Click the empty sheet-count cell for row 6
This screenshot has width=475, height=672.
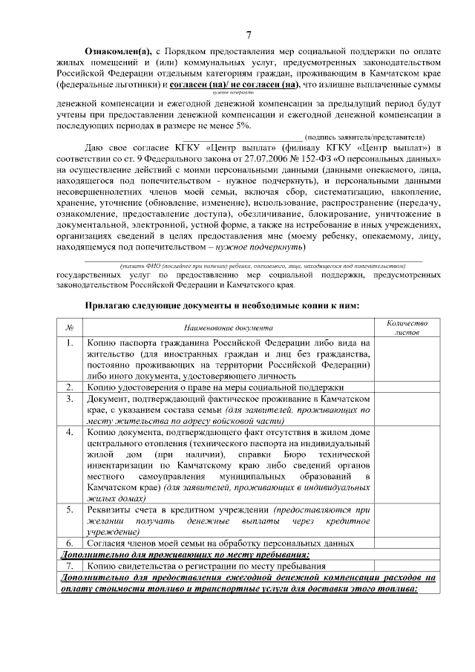[407, 543]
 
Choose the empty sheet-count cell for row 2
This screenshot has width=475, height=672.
[407, 387]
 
